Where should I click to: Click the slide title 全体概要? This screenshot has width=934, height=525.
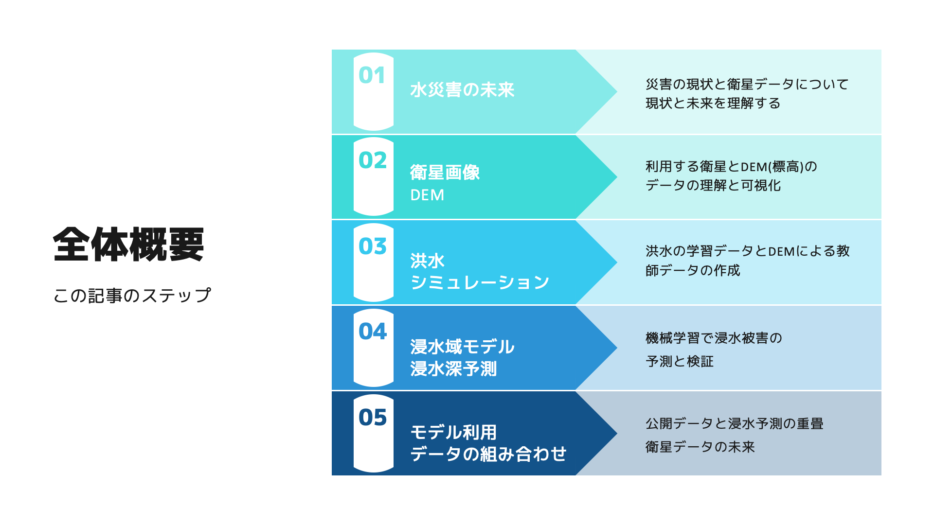pyautogui.click(x=128, y=245)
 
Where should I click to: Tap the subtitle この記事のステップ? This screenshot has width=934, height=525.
pyautogui.click(x=132, y=295)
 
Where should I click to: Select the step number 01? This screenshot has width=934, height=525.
pyautogui.click(x=372, y=75)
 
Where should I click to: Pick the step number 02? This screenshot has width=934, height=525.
pyautogui.click(x=373, y=160)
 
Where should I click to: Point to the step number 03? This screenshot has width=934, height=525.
pyautogui.click(x=373, y=246)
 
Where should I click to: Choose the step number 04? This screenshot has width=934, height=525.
pyautogui.click(x=373, y=332)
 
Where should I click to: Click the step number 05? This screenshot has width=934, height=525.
pyautogui.click(x=373, y=417)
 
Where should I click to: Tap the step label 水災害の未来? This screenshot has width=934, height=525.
pyautogui.click(x=462, y=90)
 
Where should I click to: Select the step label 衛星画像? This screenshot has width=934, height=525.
pyautogui.click(x=445, y=173)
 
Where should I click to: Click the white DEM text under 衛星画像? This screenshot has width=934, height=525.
pyautogui.click(x=427, y=195)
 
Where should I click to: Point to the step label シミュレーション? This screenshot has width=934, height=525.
pyautogui.click(x=480, y=282)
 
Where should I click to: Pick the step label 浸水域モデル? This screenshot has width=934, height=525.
pyautogui.click(x=462, y=347)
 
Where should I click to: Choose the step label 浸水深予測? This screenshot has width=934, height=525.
pyautogui.click(x=453, y=368)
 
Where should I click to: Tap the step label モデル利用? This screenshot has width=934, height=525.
pyautogui.click(x=453, y=432)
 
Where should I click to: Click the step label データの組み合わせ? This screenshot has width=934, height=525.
pyautogui.click(x=488, y=454)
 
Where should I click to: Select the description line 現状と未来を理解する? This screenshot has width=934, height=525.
pyautogui.click(x=713, y=104)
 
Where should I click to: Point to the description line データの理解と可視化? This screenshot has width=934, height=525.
pyautogui.click(x=713, y=185)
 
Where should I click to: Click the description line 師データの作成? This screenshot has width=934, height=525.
pyautogui.click(x=693, y=270)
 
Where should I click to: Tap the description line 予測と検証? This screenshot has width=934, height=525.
pyautogui.click(x=680, y=361)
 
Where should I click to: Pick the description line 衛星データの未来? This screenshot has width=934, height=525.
pyautogui.click(x=700, y=447)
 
